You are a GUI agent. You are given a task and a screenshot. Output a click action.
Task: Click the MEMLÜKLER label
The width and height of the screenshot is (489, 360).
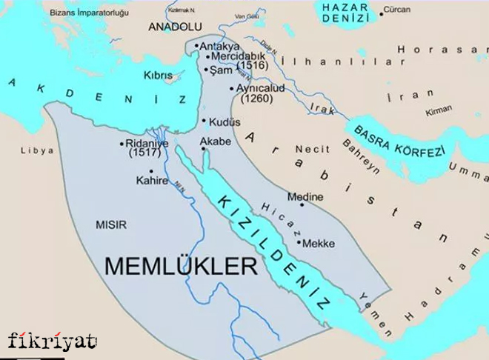(182, 266)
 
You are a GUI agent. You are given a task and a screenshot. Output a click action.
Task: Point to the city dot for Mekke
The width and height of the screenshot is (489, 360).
(298, 242)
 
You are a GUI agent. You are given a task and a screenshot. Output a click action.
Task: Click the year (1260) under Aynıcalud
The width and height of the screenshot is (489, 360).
(257, 98)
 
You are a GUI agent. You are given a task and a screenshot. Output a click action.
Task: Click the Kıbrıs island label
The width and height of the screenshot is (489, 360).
(159, 76)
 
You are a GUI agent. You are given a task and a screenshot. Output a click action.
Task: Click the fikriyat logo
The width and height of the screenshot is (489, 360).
(53, 341)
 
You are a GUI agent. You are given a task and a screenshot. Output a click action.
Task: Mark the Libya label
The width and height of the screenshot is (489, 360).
(37, 150)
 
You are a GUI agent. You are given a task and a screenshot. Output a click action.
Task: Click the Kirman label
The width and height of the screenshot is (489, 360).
(438, 110)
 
